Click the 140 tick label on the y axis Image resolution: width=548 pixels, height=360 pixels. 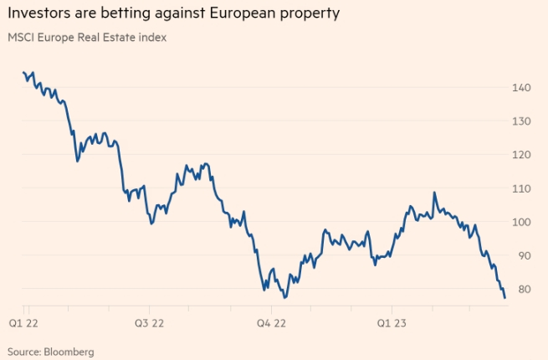pyautogui.click(x=523, y=87)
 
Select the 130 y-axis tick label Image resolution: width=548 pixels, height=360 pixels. pyautogui.click(x=523, y=121)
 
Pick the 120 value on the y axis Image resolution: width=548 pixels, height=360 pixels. pyautogui.click(x=523, y=155)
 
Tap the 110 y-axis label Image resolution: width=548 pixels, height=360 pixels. pyautogui.click(x=523, y=188)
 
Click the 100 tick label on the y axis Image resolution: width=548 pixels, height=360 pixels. pyautogui.click(x=523, y=222)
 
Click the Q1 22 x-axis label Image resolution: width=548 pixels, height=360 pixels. pyautogui.click(x=23, y=321)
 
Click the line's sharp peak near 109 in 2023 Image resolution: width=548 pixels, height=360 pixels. pyautogui.click(x=434, y=193)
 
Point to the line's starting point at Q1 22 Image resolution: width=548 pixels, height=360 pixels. pyautogui.click(x=23, y=73)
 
